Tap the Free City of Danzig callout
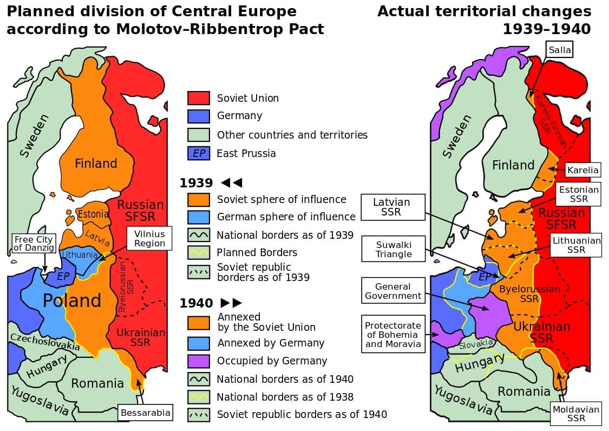point(34,244)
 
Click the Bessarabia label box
point(145,413)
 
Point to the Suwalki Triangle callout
point(394,249)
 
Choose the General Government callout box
point(393,291)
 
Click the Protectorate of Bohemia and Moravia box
point(392,335)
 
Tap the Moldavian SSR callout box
point(576,414)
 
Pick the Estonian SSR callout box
point(579,194)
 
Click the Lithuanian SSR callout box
point(576,245)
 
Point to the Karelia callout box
point(582,170)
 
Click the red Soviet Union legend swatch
point(198,98)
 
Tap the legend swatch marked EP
point(198,153)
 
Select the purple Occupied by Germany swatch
point(198,361)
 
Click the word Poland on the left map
point(72,301)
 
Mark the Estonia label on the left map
point(93,214)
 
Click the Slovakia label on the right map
point(476,344)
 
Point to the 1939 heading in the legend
point(197,182)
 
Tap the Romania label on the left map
point(97,383)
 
